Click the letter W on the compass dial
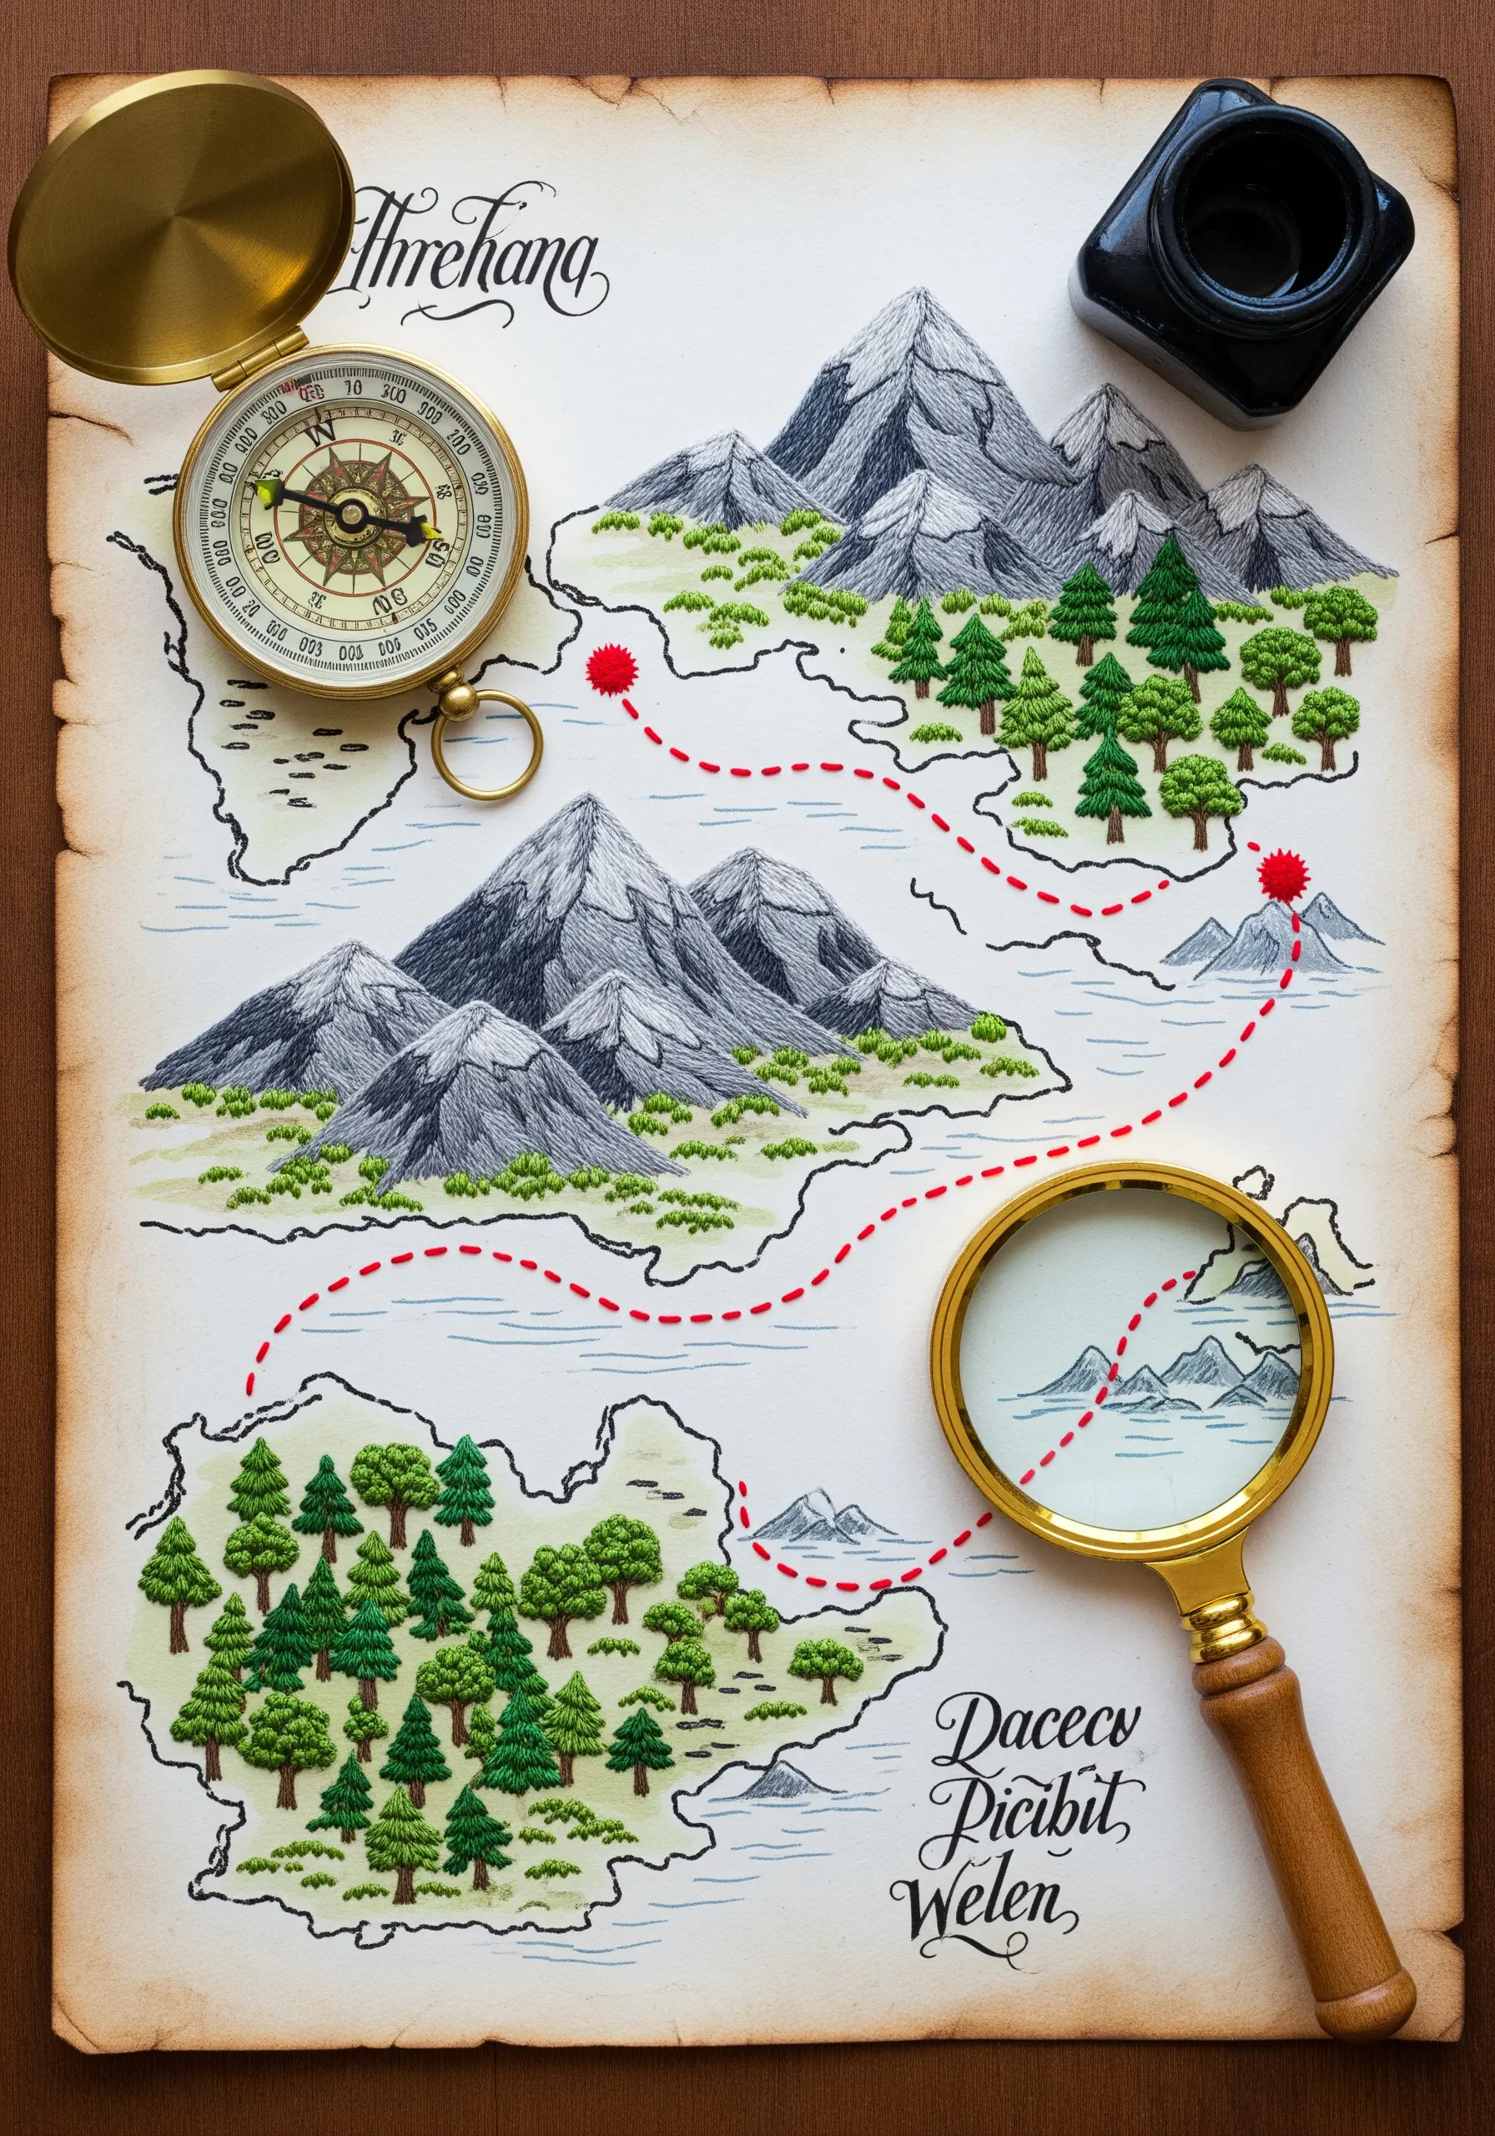point(323,431)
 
